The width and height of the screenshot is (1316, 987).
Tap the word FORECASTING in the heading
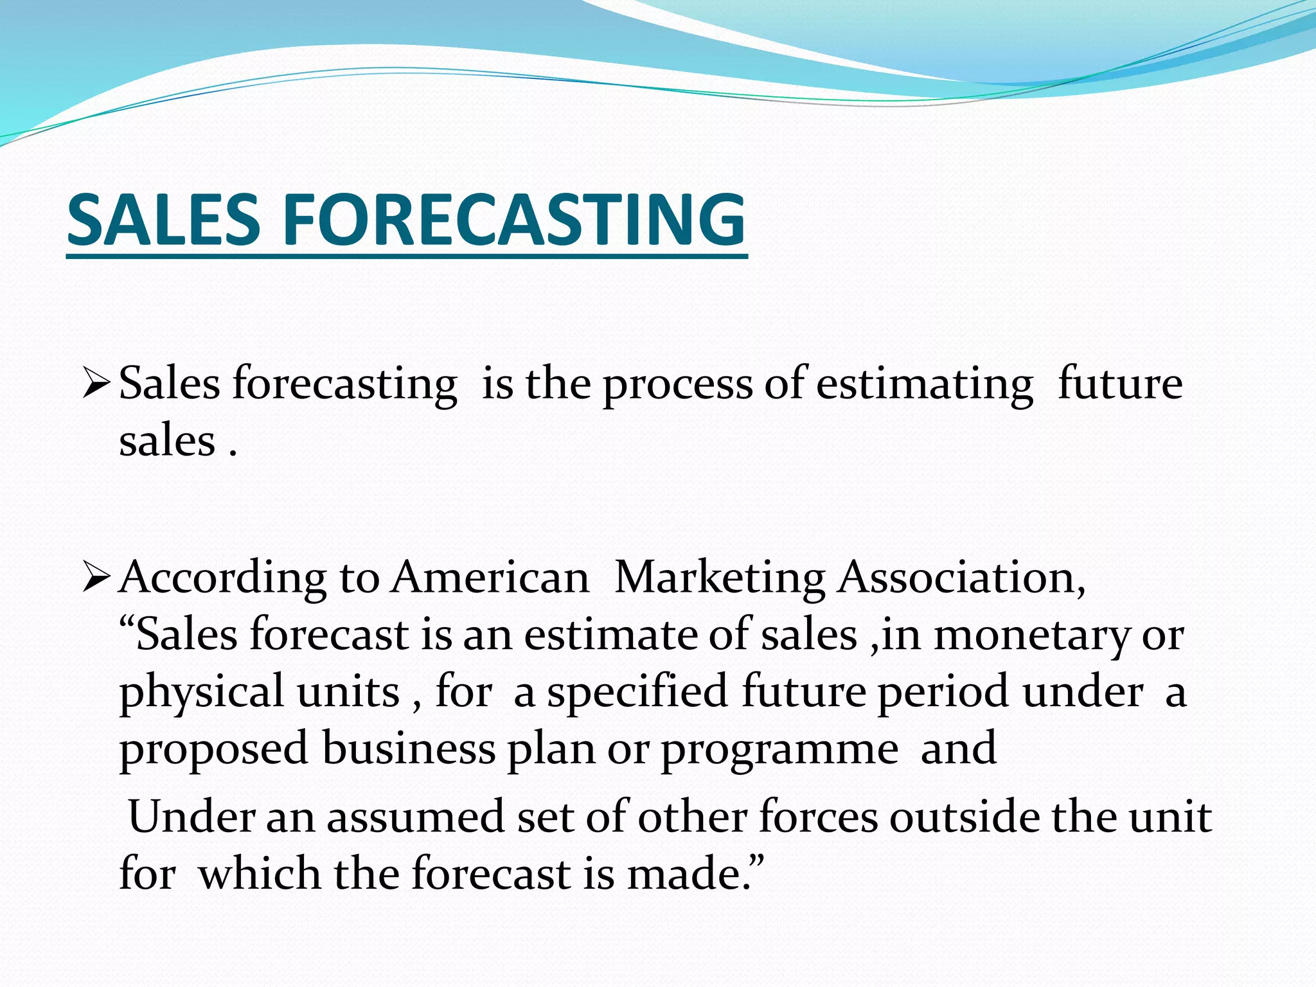(513, 220)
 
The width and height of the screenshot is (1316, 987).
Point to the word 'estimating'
(925, 386)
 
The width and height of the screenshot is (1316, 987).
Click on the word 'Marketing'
(720, 578)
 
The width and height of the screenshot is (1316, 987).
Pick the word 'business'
(409, 749)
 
